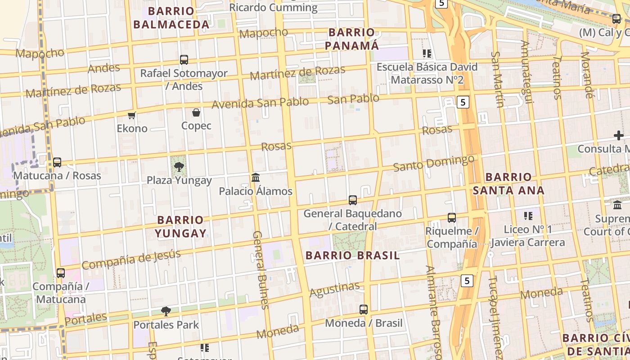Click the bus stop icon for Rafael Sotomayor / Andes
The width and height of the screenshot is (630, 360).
pos(184,59)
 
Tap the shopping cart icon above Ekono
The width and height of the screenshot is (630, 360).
pos(132,116)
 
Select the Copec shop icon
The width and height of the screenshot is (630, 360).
pos(196,112)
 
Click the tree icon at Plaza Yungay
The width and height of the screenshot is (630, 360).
pos(179,167)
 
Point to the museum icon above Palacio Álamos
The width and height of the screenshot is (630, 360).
pos(256,177)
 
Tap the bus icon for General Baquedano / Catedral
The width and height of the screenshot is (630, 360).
pos(353,200)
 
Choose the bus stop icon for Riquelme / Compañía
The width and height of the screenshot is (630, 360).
pos(452,218)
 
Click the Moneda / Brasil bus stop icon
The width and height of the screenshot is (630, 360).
pos(364,310)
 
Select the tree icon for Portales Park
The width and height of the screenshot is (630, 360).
pos(166,311)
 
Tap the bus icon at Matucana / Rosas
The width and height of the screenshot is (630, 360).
pos(57,162)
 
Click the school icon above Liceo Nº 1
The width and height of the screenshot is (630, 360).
pos(528,216)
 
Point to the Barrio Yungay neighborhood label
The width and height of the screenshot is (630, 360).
pos(180,226)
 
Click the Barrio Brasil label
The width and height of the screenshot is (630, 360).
pos(352,256)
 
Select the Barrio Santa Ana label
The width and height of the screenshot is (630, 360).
pos(508,184)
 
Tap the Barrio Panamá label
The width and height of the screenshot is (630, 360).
pos(352,39)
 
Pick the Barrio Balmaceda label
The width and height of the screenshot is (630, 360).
pos(171,18)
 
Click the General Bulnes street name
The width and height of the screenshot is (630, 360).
pos(260,270)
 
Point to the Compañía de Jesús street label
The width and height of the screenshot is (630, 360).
pos(131,259)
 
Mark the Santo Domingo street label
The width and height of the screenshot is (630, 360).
pos(433,163)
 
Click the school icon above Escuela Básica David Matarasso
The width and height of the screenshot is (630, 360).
pos(427,54)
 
